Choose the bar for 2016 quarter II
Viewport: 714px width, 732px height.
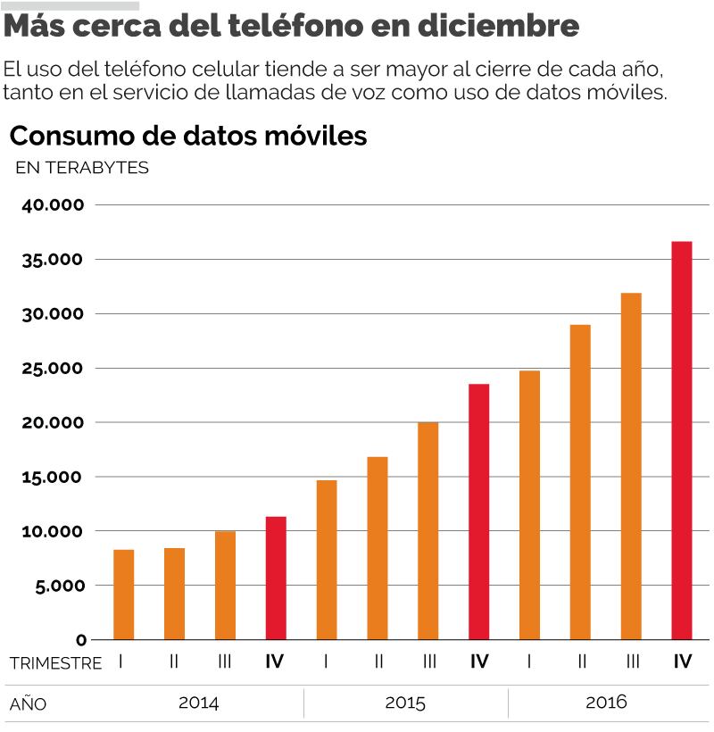(x=580, y=482)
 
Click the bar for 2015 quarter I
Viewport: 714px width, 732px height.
(x=327, y=560)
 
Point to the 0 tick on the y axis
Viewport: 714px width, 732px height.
(x=81, y=640)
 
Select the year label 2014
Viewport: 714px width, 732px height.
(x=198, y=702)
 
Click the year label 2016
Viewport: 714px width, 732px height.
(x=606, y=702)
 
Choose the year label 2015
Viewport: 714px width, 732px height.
(x=405, y=702)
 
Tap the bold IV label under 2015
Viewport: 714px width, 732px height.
(x=479, y=662)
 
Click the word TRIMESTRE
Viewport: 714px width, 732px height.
(x=55, y=663)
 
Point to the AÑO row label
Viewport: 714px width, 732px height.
(x=28, y=704)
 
